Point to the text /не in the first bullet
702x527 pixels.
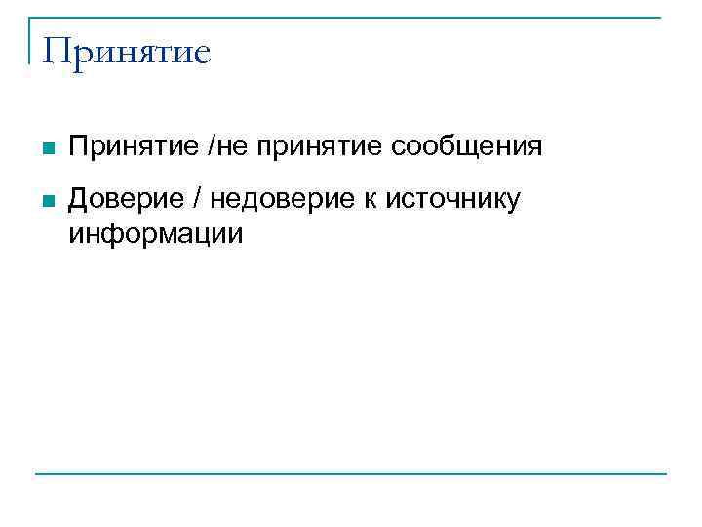click(225, 147)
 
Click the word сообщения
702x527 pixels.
click(466, 148)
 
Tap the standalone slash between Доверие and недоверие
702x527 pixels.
click(197, 200)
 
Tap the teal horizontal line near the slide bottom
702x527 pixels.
click(351, 474)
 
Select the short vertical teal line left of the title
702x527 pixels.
click(30, 39)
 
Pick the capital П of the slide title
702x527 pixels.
click(57, 51)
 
